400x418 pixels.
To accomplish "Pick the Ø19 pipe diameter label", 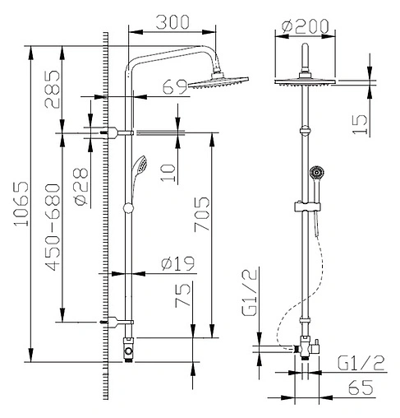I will (x=177, y=263).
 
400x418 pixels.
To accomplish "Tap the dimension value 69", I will (x=174, y=85).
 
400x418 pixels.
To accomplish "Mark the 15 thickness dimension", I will (x=359, y=123).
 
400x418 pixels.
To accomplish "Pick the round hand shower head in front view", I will (x=314, y=173).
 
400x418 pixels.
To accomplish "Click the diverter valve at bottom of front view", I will (x=305, y=348).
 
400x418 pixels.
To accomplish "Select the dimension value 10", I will (x=168, y=171).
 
